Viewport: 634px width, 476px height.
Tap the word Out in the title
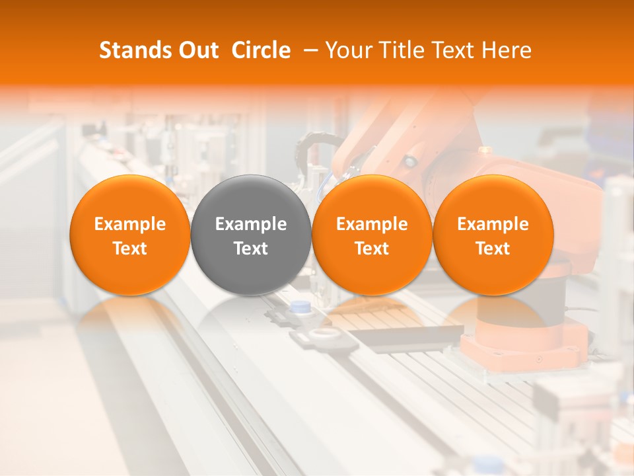[x=197, y=50]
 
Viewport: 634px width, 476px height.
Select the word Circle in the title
[x=261, y=50]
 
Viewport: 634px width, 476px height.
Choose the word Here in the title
[x=507, y=50]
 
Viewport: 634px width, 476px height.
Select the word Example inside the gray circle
[x=251, y=224]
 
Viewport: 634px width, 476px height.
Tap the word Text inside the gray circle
[x=251, y=249]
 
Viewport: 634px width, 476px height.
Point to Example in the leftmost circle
[x=129, y=224]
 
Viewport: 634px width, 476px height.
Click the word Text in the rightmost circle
[x=493, y=249]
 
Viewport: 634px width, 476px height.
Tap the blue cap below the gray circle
[x=301, y=306]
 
